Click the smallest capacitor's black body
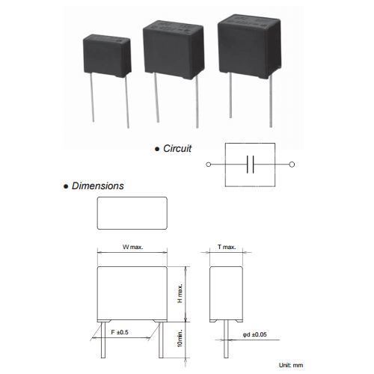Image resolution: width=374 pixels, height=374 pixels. point(107,56)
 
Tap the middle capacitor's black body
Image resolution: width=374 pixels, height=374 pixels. point(174,50)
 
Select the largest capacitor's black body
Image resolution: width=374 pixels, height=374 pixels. point(250,46)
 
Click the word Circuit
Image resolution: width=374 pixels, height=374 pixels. point(177,149)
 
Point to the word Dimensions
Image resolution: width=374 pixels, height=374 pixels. point(98,186)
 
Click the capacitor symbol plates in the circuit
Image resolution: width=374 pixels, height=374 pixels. point(251,165)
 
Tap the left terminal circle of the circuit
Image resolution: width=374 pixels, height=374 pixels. point(209,165)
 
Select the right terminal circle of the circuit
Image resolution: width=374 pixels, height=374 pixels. point(292,165)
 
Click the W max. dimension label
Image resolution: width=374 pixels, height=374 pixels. point(133,247)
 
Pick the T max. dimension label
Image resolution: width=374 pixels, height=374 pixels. point(227,247)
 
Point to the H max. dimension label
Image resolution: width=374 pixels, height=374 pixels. point(180,293)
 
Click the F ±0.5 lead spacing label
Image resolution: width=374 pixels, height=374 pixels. point(120,332)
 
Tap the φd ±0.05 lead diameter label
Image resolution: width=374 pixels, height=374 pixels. point(254,334)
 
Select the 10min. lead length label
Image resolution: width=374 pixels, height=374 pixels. point(180,338)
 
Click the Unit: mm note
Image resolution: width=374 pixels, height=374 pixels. point(291,365)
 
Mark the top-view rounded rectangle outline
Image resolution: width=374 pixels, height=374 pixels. point(132,197)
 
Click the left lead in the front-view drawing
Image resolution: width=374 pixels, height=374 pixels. point(103,340)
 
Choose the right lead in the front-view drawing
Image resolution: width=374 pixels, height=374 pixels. point(161,340)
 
